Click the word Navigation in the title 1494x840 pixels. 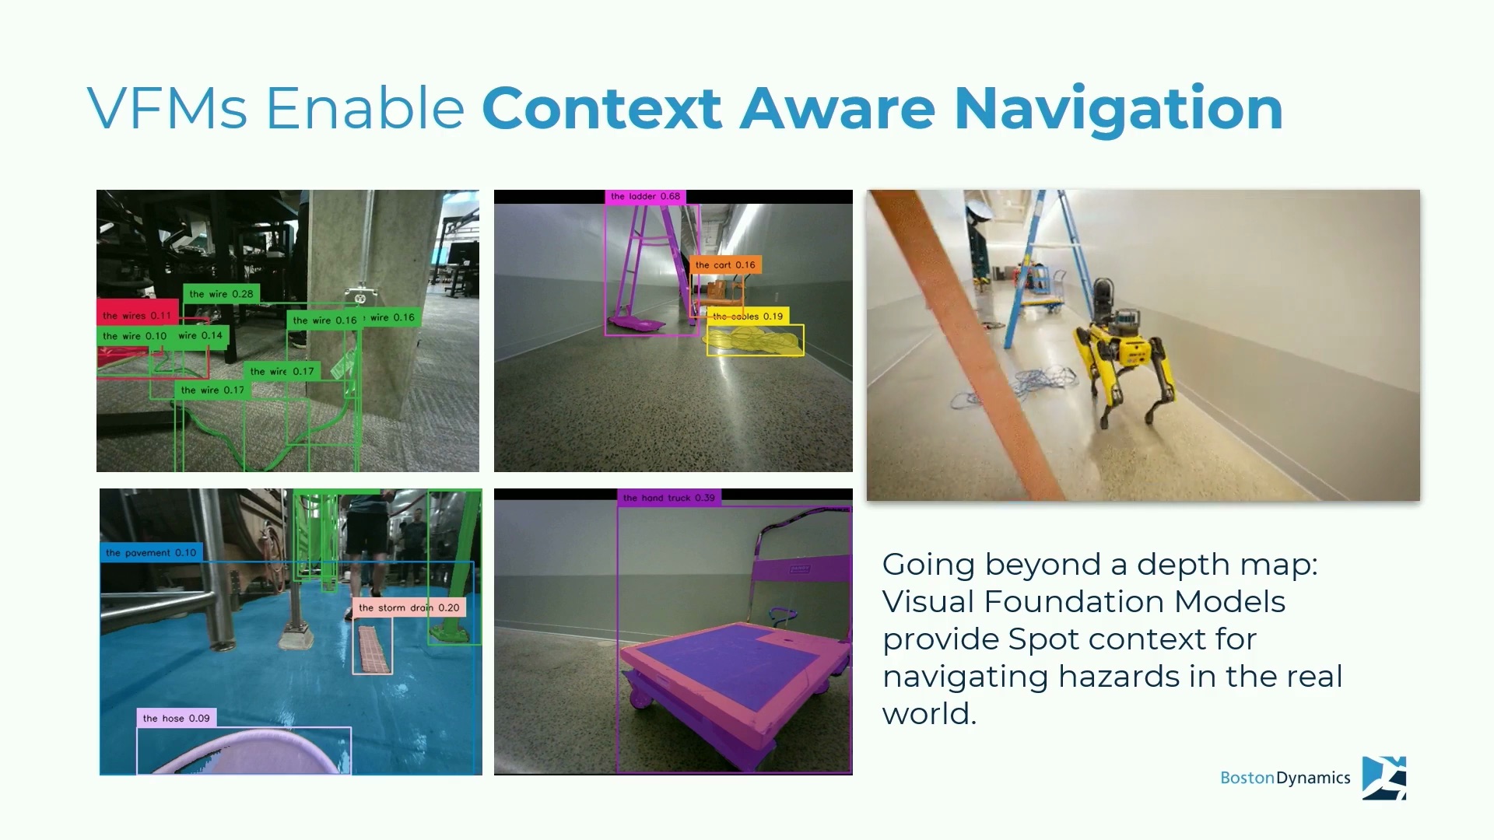[1118, 108]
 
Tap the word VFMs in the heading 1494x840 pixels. [167, 108]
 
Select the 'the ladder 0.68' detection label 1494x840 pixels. [645, 197]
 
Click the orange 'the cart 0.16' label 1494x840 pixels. [725, 264]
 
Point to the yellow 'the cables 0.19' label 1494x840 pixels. [748, 316]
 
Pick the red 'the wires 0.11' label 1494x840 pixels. [137, 315]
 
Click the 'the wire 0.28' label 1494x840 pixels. [221, 294]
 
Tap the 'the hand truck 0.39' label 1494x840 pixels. [668, 498]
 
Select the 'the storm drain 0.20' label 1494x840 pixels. [409, 607]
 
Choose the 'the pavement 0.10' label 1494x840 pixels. [151, 553]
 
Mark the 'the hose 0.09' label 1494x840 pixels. [177, 718]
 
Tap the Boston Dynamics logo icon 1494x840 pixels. [1384, 778]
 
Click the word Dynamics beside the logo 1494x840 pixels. [1313, 778]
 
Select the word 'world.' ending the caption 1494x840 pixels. [929, 713]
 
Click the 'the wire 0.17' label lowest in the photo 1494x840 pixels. [212, 390]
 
